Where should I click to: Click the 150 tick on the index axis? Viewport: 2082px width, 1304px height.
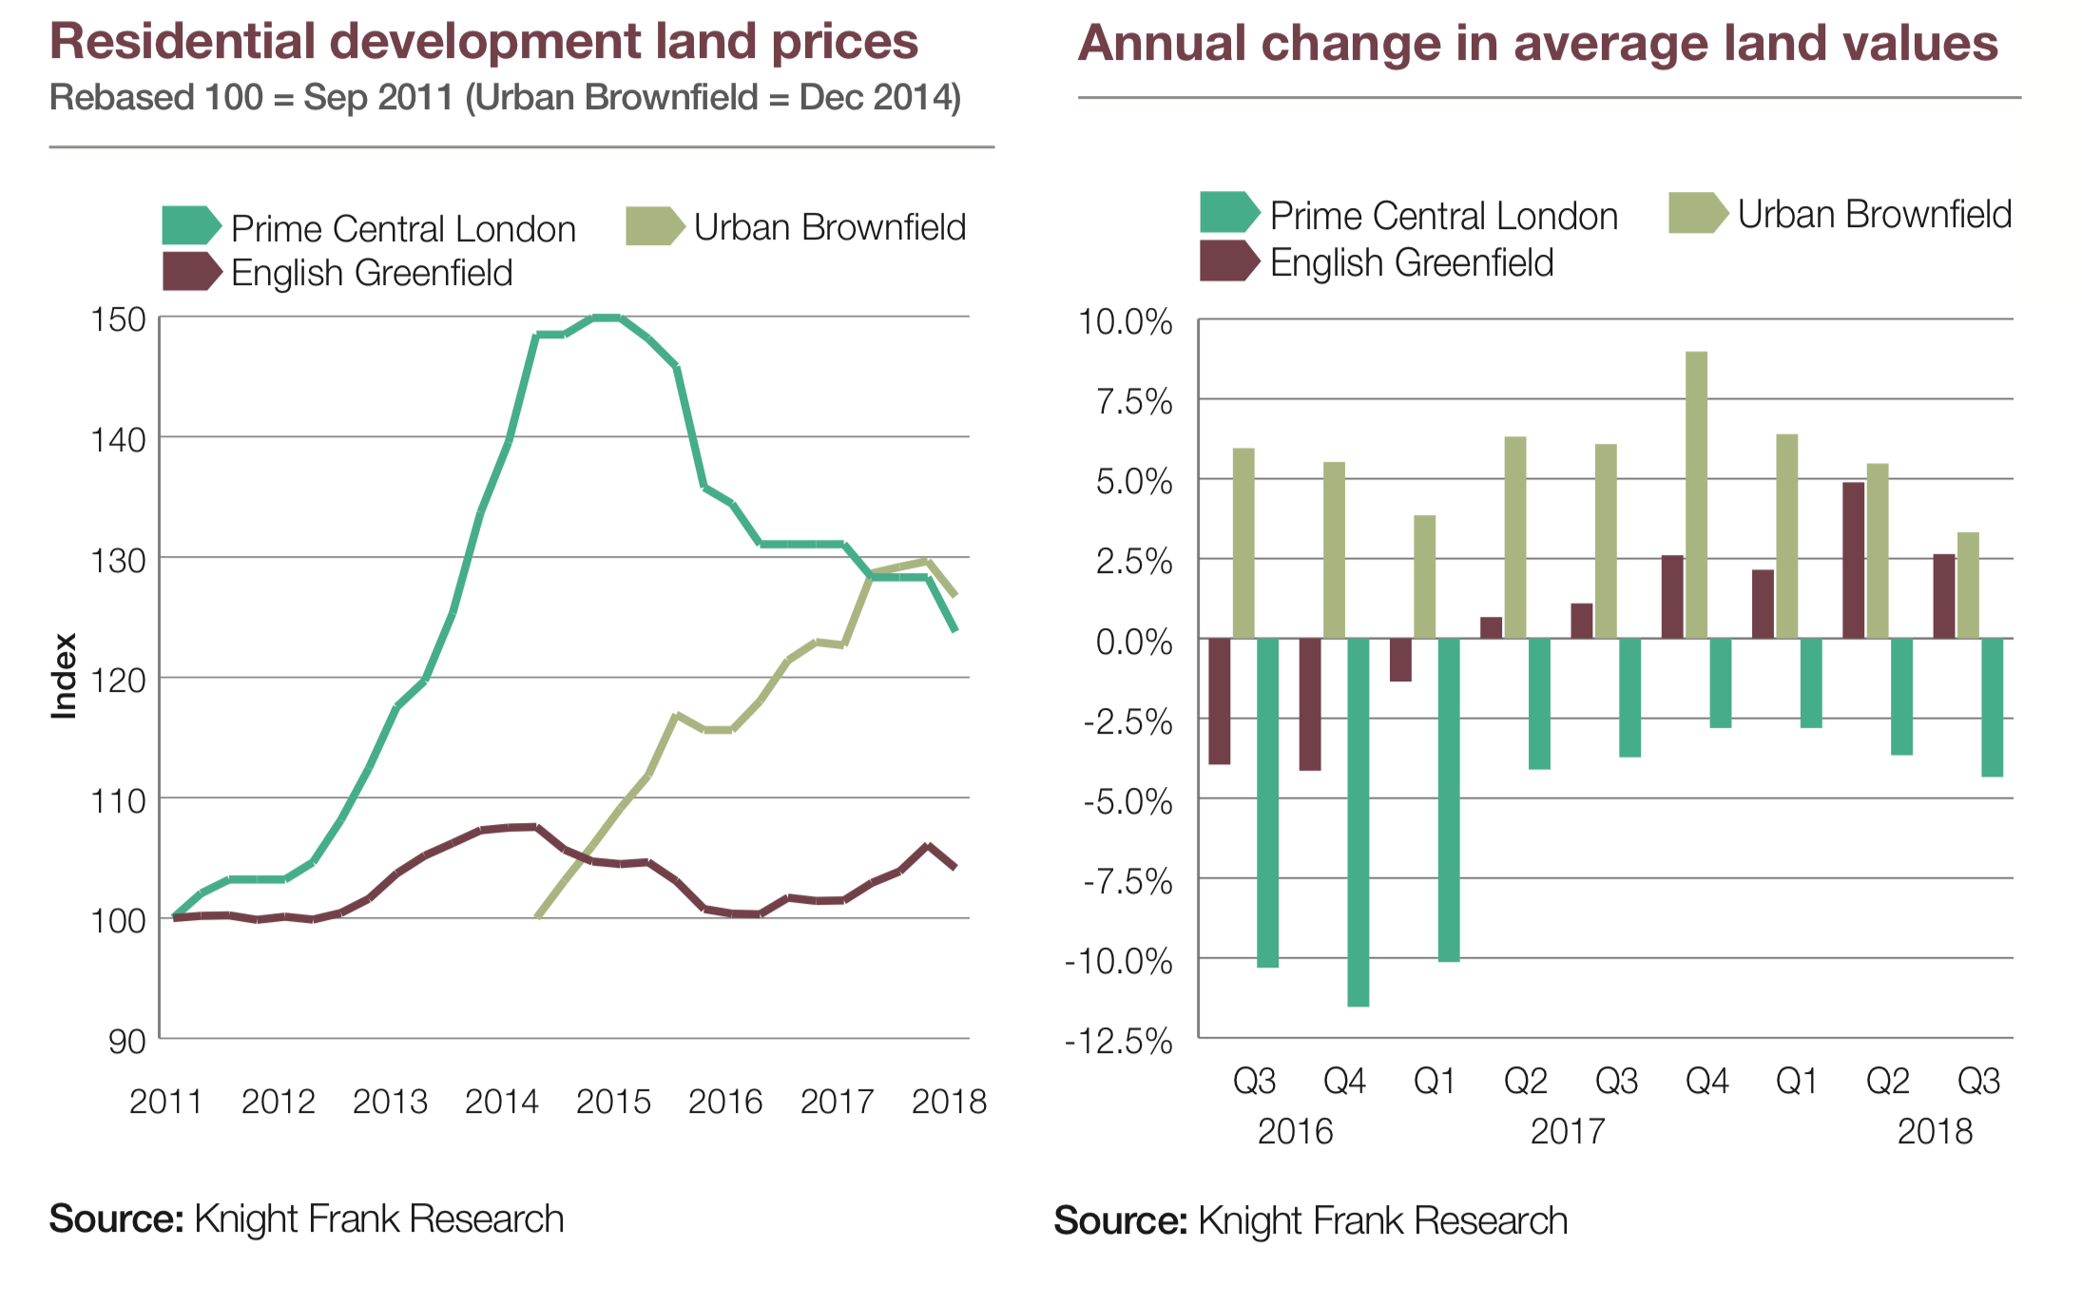[119, 319]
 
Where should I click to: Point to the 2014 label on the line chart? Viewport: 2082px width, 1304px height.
[501, 1102]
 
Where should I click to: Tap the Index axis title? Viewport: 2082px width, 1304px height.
[64, 676]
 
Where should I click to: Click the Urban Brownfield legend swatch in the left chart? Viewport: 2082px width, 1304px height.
[653, 226]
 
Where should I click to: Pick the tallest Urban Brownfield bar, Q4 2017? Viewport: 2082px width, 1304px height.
[1696, 494]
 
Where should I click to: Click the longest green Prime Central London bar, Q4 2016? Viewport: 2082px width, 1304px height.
[1358, 821]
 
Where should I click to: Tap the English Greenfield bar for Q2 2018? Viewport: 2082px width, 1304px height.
[1853, 560]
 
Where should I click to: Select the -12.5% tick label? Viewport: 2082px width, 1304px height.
[1119, 1042]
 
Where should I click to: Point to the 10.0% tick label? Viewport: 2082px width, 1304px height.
[1125, 322]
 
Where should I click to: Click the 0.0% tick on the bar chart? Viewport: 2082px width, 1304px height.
[1133, 642]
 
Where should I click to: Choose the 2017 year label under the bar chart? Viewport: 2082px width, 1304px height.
[1567, 1132]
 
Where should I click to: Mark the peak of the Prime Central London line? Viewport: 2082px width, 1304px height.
[606, 317]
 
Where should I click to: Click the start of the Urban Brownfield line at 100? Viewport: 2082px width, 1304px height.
[539, 916]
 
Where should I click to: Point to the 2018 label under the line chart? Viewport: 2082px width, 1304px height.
[949, 1102]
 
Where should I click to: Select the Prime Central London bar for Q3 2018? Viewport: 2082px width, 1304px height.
[1992, 707]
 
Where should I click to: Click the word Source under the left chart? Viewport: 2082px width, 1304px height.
[116, 1219]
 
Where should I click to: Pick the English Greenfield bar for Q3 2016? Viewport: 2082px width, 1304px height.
[1219, 700]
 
